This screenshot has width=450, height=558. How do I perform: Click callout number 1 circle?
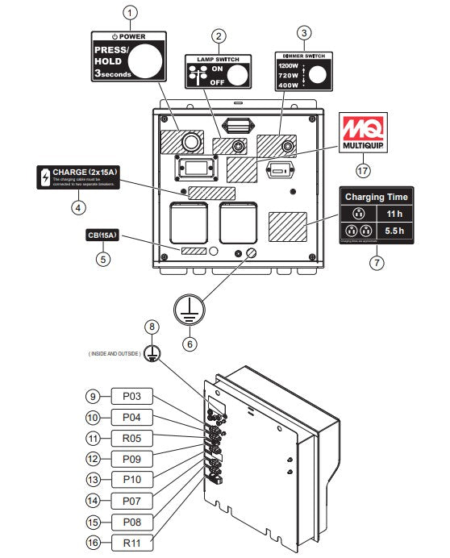[x=132, y=12]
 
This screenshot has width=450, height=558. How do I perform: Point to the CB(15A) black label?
[x=102, y=235]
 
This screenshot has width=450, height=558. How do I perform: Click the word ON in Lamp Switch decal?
[x=216, y=69]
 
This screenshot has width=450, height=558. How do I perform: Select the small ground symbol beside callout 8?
[x=155, y=353]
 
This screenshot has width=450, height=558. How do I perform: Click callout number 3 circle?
[x=303, y=33]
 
